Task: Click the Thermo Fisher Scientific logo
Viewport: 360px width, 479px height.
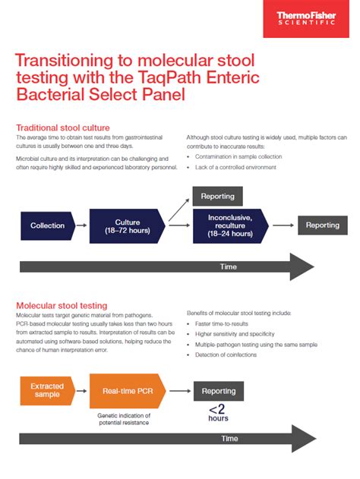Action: [311, 18]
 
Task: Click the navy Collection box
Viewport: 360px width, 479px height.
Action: [47, 225]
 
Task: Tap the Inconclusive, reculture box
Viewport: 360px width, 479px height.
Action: [230, 225]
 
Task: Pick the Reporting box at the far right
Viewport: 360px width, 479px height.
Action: [322, 225]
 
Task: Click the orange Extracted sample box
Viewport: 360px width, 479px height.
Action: [47, 391]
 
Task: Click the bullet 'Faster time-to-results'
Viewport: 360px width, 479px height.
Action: [223, 323]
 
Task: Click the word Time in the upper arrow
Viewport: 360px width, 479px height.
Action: [228, 266]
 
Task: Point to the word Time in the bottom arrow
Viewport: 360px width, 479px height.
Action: [229, 439]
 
